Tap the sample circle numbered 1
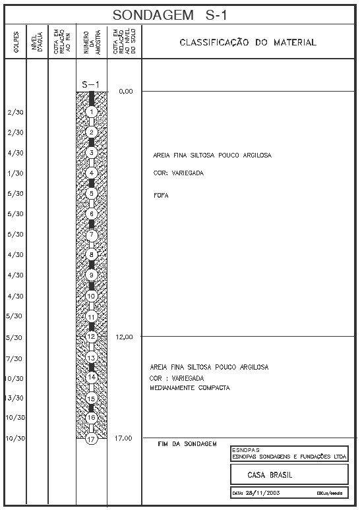[92, 112]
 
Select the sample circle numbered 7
[92, 235]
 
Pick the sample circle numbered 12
[92, 336]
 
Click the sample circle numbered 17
[92, 438]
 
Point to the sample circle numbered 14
[92, 377]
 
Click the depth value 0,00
[126, 92]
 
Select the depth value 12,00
[125, 337]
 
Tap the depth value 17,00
[125, 438]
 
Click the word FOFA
[161, 196]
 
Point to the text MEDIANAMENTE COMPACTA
[190, 388]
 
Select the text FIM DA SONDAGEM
[187, 444]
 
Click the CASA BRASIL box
[288, 474]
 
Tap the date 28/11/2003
[260, 493]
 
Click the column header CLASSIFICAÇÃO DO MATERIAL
[247, 43]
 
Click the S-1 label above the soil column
[91, 84]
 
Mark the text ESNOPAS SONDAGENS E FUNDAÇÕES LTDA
[289, 457]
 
